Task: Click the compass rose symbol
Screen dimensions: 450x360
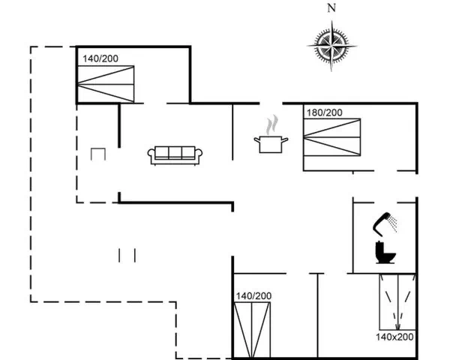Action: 331,46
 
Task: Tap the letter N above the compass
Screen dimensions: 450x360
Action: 331,8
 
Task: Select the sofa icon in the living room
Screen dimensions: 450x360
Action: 175,155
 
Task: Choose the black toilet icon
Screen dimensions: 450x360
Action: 385,253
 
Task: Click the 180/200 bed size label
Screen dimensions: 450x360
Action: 324,112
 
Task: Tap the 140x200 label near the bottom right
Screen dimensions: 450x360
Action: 394,337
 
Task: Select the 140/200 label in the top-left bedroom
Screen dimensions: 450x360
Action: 100,58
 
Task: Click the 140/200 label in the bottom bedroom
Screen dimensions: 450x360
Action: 253,295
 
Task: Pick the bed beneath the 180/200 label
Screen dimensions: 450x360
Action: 332,137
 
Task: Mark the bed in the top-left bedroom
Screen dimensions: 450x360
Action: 106,84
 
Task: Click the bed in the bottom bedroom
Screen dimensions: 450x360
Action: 252,330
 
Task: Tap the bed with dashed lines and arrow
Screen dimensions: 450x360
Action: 397,301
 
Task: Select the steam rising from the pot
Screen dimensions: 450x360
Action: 271,125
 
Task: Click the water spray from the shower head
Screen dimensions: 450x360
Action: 393,222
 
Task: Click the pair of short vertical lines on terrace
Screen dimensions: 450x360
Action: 127,255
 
